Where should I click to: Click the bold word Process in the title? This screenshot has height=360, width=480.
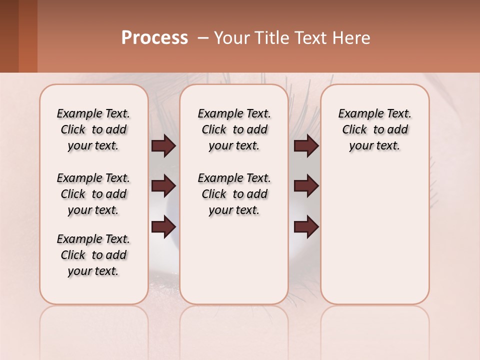click(x=154, y=38)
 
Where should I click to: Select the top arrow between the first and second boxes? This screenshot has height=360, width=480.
click(x=163, y=146)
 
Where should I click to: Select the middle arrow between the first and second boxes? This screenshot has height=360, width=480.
click(x=163, y=186)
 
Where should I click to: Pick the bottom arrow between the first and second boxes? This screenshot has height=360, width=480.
click(x=163, y=226)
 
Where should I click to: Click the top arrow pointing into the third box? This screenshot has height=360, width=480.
click(x=306, y=146)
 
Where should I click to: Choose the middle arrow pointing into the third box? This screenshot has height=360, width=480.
click(x=306, y=186)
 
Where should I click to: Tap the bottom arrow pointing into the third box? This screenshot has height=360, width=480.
click(x=306, y=226)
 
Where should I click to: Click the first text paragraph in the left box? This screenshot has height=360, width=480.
click(x=93, y=129)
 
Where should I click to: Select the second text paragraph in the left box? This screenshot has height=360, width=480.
click(x=93, y=194)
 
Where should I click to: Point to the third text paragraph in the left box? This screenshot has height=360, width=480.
click(x=93, y=255)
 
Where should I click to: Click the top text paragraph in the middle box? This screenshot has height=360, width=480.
click(x=234, y=129)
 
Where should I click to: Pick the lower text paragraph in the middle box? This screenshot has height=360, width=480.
click(x=234, y=194)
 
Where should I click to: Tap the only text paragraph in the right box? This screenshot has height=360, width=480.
click(x=374, y=129)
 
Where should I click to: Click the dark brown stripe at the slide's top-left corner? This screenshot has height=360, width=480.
click(x=9, y=36)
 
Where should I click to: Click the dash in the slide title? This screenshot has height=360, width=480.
click(x=203, y=38)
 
